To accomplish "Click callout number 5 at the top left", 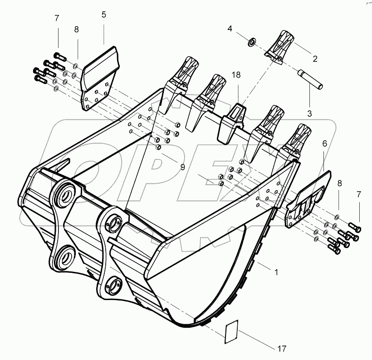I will (104, 15).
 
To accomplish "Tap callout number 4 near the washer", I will (230, 28).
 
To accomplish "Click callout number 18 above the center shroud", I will (236, 75).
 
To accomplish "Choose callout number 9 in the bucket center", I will (182, 167).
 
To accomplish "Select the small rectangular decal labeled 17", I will (233, 330).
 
